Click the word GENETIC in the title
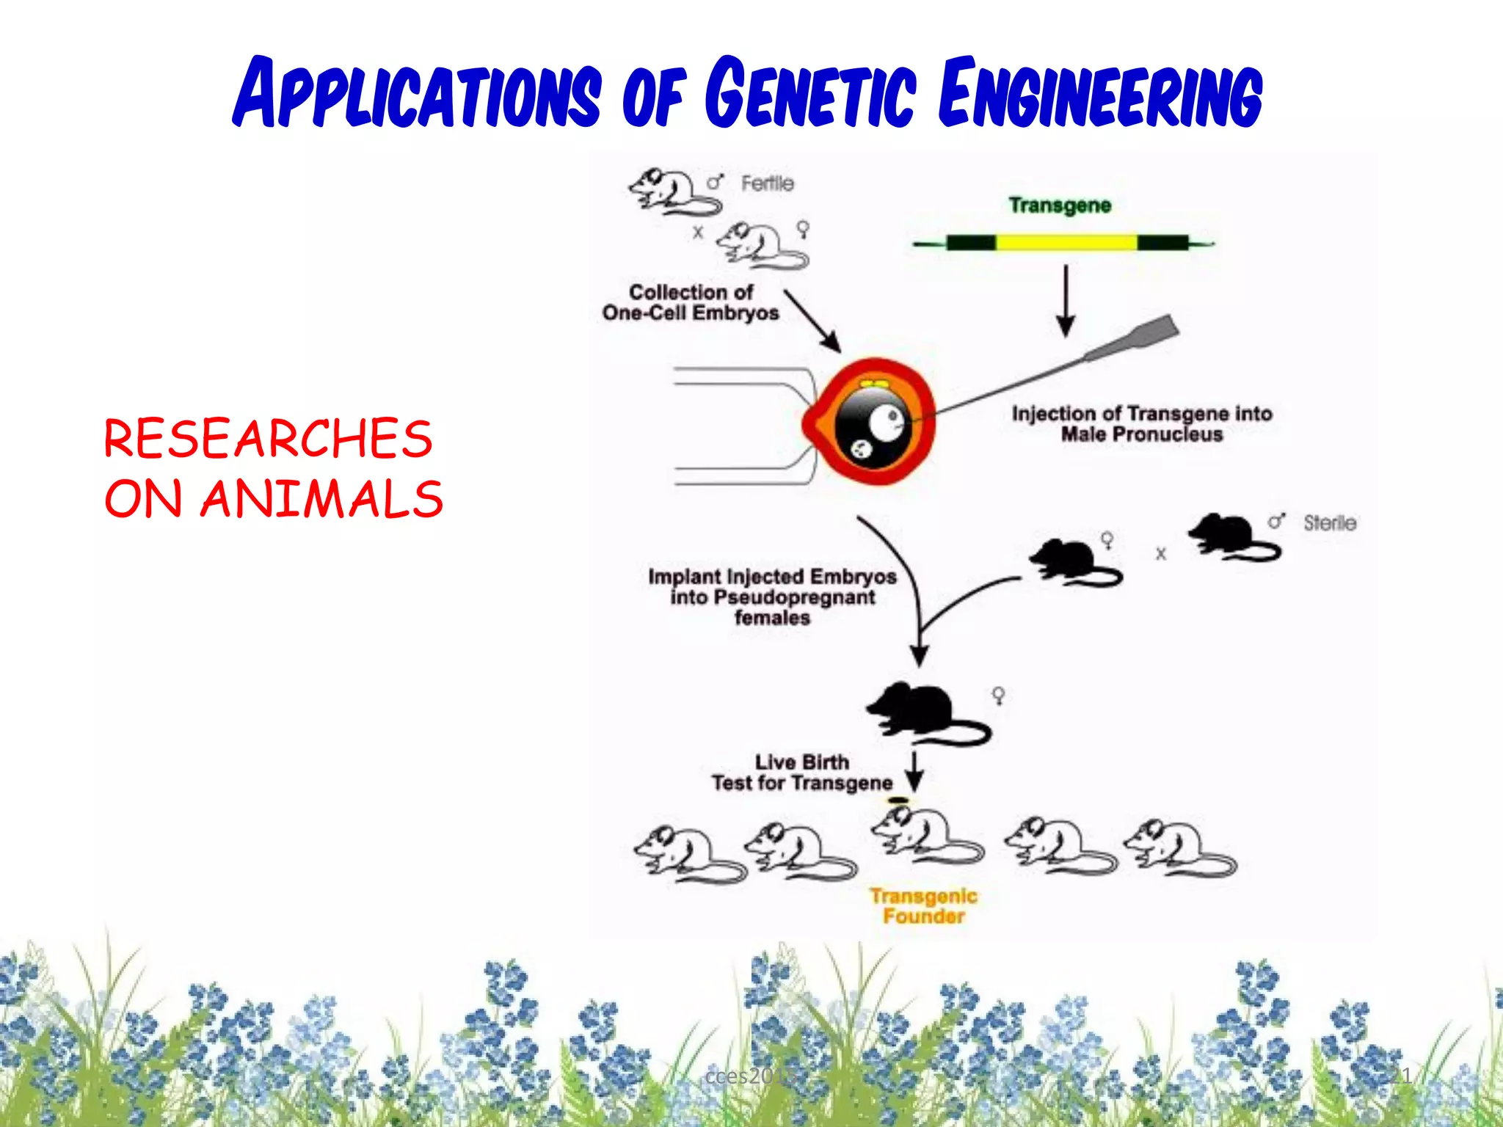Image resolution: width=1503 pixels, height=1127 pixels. [x=810, y=94]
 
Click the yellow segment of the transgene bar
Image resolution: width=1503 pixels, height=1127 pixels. [x=1066, y=242]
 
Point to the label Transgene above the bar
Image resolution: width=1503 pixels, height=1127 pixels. [x=1059, y=205]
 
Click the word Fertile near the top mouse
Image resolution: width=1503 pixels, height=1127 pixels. [x=767, y=183]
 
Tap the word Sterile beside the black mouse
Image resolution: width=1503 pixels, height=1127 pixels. [x=1329, y=523]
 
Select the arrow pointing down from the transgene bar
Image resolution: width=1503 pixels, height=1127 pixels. [x=1066, y=301]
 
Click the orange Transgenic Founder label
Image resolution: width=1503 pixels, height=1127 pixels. [x=923, y=905]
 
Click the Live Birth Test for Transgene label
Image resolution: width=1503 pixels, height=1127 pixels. [x=801, y=773]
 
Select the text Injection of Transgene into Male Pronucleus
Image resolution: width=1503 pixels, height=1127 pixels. [x=1141, y=424]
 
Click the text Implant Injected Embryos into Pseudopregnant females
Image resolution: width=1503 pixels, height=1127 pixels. [x=772, y=597]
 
